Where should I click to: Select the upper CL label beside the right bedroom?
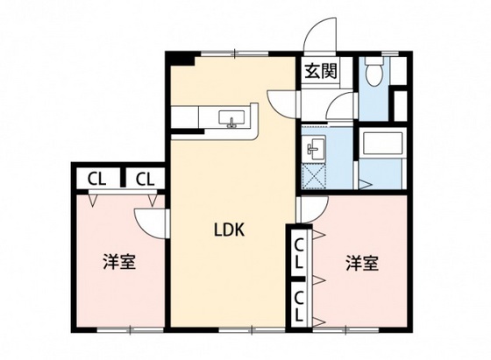[300, 252]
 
